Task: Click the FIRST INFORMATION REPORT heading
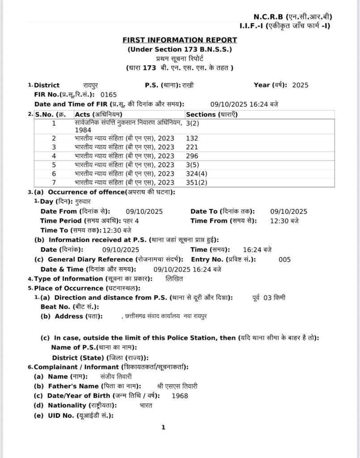pyautogui.click(x=180, y=40)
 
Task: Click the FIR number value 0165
pyautogui.click(x=109, y=95)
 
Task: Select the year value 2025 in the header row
pyautogui.click(x=300, y=85)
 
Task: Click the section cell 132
pyautogui.click(x=192, y=138)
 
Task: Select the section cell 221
pyautogui.click(x=192, y=147)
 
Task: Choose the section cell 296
pyautogui.click(x=192, y=156)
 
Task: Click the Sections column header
pyautogui.click(x=212, y=114)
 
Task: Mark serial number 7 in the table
pyautogui.click(x=54, y=182)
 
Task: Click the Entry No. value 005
pyautogui.click(x=284, y=259)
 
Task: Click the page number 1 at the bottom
pyautogui.click(x=164, y=428)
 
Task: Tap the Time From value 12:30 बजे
pyautogui.click(x=285, y=221)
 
